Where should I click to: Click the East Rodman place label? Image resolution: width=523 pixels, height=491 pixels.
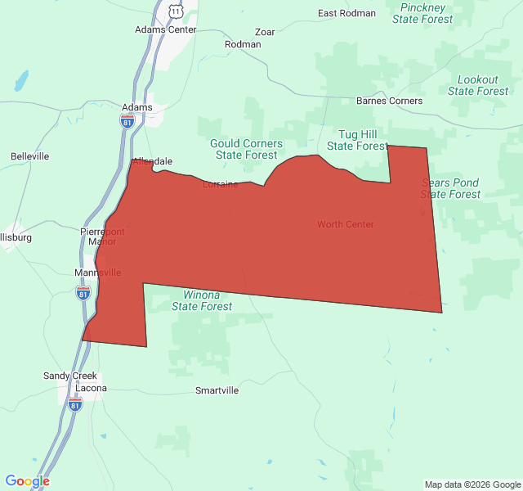click(x=346, y=13)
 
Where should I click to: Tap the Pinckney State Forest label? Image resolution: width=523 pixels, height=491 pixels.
click(x=422, y=13)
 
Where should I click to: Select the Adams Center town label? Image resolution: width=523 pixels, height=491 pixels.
click(x=166, y=29)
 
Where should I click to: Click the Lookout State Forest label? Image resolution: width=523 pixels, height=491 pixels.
click(x=478, y=85)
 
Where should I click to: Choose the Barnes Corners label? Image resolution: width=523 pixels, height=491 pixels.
click(x=390, y=101)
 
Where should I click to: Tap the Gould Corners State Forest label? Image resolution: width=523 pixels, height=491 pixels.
click(x=246, y=149)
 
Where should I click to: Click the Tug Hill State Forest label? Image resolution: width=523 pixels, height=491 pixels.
click(x=356, y=140)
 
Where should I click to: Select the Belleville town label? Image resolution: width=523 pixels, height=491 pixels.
click(x=30, y=156)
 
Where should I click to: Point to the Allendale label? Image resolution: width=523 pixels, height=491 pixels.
click(x=153, y=162)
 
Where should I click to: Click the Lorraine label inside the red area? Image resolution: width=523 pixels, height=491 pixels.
click(x=221, y=184)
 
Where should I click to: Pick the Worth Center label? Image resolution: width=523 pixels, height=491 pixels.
click(x=346, y=224)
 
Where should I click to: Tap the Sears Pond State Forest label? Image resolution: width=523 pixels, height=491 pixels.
click(x=450, y=188)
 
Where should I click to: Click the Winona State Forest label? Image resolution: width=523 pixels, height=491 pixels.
click(x=202, y=300)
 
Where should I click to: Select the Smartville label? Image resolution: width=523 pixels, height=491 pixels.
click(x=217, y=390)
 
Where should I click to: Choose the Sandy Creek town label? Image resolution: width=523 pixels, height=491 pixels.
click(x=69, y=376)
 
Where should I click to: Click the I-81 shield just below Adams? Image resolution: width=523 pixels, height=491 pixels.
click(x=127, y=121)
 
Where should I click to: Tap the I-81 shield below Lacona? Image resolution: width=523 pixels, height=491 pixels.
click(x=75, y=404)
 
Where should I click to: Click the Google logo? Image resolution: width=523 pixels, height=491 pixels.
click(x=27, y=481)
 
